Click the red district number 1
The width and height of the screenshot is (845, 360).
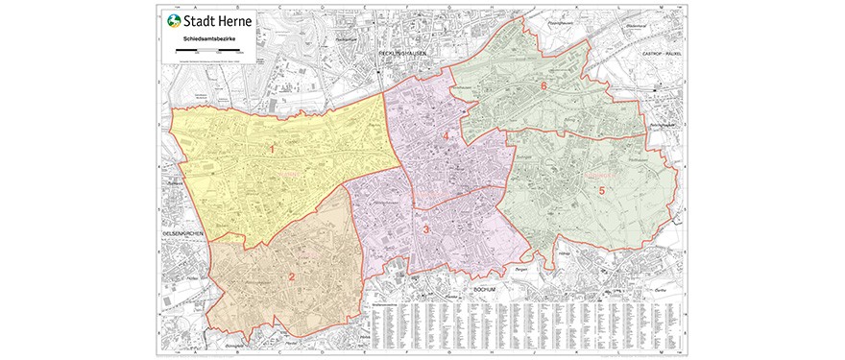point(272,149)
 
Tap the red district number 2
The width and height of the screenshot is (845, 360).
point(292,277)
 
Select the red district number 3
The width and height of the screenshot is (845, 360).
point(425,228)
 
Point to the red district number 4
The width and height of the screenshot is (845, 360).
point(446,137)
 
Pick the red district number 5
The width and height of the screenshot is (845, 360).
point(602,190)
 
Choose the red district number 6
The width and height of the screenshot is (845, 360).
point(543,86)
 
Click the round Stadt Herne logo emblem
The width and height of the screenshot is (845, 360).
point(173,22)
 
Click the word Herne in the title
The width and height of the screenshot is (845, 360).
point(231,22)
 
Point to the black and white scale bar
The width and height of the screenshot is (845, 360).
point(210,48)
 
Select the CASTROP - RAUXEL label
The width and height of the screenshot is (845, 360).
point(660,54)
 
